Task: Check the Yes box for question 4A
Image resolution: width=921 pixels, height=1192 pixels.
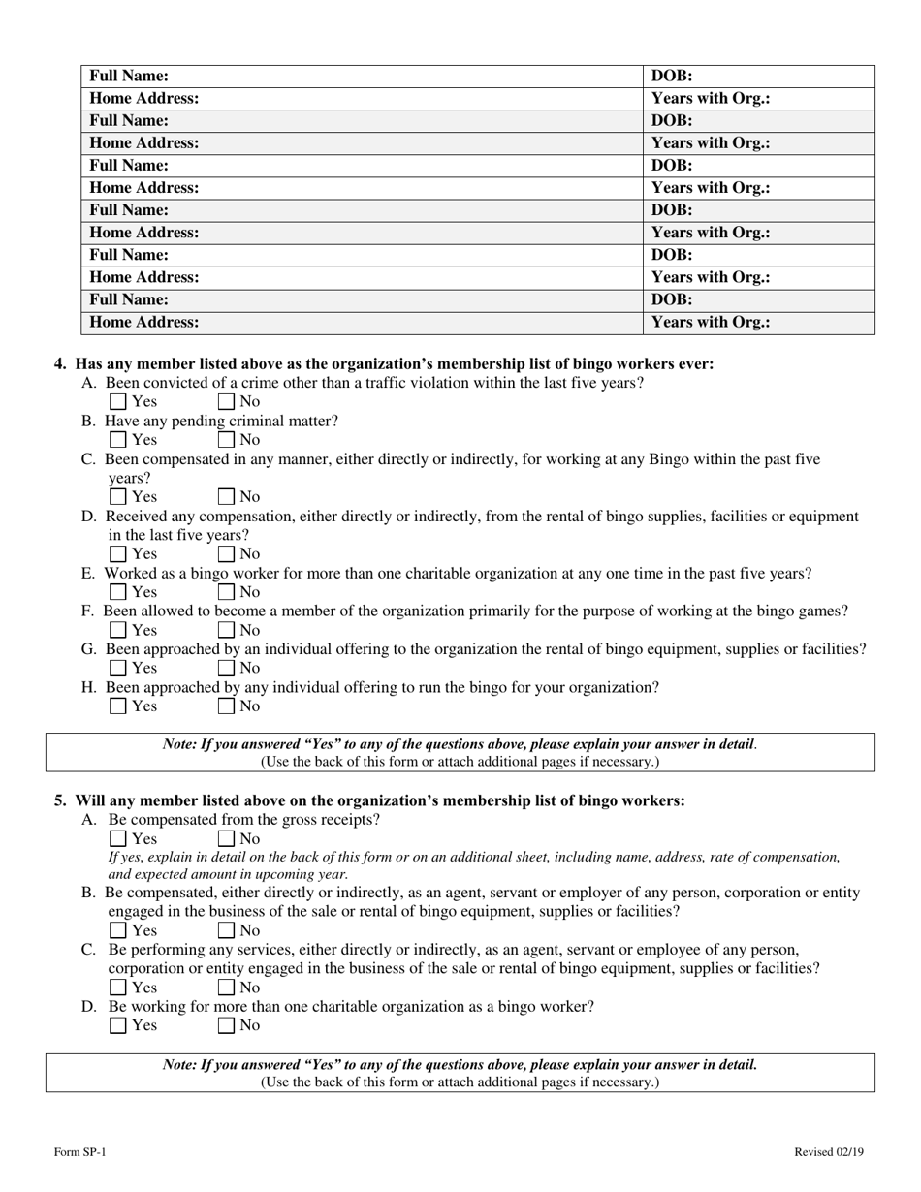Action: point(118,401)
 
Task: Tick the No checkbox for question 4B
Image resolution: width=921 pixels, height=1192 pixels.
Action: point(227,440)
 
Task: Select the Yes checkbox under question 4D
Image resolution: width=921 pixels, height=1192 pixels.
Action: point(118,554)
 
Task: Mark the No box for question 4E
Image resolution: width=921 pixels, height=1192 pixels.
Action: point(227,592)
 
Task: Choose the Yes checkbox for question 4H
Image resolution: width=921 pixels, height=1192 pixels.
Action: point(118,706)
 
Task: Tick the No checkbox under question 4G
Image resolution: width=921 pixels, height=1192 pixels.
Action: point(227,668)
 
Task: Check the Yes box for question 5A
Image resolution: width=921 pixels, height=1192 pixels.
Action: point(118,839)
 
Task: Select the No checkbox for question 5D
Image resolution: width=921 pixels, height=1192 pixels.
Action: point(227,1025)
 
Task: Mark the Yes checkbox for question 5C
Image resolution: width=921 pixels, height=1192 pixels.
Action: point(118,988)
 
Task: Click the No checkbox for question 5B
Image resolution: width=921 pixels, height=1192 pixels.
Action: point(227,931)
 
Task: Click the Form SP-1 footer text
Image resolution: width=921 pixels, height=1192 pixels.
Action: point(80,1152)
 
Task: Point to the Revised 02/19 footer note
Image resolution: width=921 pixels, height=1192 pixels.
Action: point(828,1152)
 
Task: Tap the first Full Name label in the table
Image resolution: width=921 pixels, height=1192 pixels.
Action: point(129,76)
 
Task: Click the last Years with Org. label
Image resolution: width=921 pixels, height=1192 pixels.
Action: point(711,323)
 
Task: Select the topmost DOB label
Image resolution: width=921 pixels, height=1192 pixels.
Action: point(672,76)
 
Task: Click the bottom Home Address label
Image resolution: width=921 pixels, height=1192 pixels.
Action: point(144,323)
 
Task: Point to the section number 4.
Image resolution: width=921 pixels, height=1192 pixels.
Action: point(60,364)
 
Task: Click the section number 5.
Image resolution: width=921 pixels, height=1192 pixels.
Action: point(60,800)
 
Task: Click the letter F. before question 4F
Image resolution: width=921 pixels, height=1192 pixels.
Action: point(87,612)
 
